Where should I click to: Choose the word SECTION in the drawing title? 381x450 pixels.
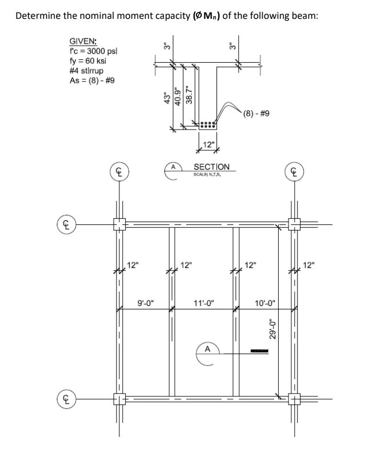tap(211, 167)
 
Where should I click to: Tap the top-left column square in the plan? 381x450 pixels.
tap(119, 224)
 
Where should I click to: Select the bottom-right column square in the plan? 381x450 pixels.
tap(296, 397)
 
